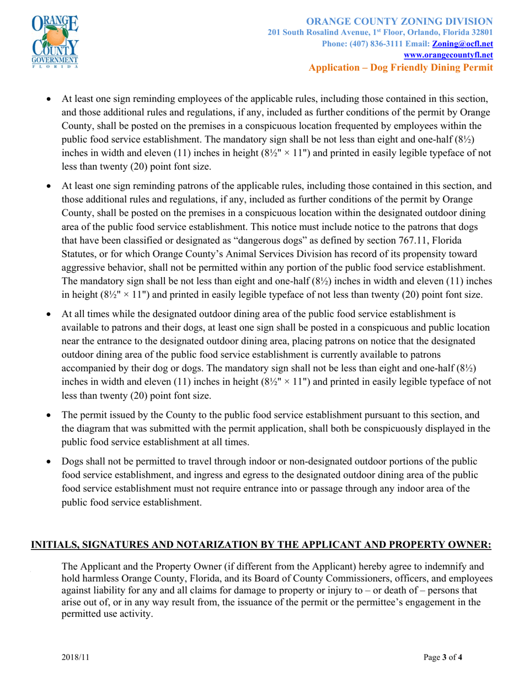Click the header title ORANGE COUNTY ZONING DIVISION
pos(399,21)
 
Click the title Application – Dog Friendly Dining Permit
pos(400,67)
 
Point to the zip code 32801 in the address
pos(479,33)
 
